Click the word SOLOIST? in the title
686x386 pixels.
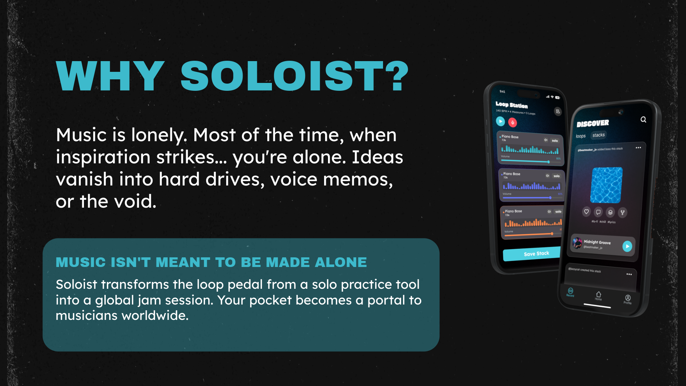click(294, 76)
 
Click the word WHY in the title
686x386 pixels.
click(110, 76)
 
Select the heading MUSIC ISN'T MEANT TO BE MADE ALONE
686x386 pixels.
click(211, 262)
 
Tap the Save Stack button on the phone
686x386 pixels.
click(536, 254)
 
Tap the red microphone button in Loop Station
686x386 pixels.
click(513, 123)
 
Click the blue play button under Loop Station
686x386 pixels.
click(501, 122)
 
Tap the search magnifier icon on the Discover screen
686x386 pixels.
click(643, 120)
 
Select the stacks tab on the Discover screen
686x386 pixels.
click(598, 135)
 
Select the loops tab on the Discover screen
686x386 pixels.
click(581, 136)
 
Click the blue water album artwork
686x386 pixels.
click(606, 185)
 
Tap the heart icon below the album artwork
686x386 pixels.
click(586, 212)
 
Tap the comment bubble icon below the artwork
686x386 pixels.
click(598, 212)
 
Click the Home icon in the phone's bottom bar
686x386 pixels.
click(598, 296)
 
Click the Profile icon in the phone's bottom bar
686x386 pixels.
click(628, 299)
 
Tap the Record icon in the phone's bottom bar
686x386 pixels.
click(570, 292)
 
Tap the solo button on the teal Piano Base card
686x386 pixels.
click(555, 141)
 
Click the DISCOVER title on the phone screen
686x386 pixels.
click(593, 124)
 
